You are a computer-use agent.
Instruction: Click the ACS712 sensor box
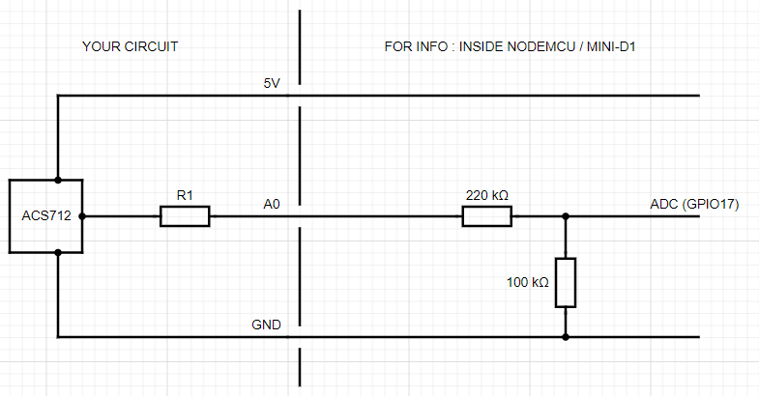click(45, 215)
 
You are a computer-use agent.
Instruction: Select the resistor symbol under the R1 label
click(184, 216)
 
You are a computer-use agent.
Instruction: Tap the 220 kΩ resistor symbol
click(486, 216)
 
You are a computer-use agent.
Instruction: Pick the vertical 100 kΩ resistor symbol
click(566, 282)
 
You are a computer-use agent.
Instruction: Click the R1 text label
click(184, 195)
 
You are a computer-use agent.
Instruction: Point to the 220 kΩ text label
click(486, 195)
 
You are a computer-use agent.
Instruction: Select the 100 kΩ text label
click(528, 283)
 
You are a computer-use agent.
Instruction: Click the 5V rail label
click(272, 84)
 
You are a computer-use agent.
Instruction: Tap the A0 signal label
click(272, 204)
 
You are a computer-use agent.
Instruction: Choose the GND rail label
click(267, 325)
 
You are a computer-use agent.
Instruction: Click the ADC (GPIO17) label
click(695, 204)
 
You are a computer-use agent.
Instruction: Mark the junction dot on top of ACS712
click(58, 180)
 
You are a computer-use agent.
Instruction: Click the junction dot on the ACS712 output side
click(82, 216)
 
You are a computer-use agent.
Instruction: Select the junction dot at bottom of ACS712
click(58, 253)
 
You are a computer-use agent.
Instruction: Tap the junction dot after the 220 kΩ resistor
click(566, 216)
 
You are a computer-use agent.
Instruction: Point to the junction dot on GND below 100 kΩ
click(566, 337)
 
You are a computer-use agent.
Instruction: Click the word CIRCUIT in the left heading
click(151, 46)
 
